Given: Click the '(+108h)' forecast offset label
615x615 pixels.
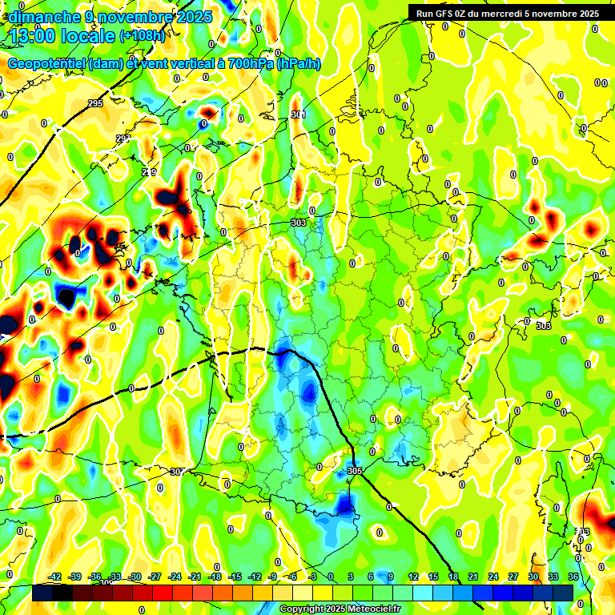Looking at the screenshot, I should pos(143,36).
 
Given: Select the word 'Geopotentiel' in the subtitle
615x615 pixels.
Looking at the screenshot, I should pos(47,64).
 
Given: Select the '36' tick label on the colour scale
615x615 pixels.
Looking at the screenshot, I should pos(573,577).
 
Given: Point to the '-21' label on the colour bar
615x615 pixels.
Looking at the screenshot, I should pos(195,577).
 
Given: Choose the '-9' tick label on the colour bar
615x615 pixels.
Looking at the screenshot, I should pos(273,577).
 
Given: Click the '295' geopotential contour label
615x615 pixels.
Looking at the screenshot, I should pos(95,103).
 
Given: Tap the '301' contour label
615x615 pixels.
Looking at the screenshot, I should pos(298,115).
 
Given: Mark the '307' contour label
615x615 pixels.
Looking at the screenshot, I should pos(177,472).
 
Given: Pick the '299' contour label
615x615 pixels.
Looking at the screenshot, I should pos(149,172).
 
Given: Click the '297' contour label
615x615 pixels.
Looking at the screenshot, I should pos(123,139).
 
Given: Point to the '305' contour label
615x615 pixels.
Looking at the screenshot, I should pos(356,471).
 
